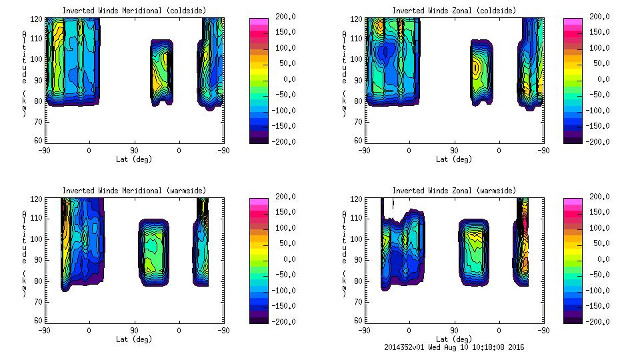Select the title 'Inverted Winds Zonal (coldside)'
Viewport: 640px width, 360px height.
coord(454,10)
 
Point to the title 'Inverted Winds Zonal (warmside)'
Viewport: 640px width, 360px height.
coord(454,191)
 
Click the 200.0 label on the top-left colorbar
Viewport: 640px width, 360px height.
coord(283,16)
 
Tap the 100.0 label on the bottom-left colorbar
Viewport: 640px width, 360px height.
coord(283,228)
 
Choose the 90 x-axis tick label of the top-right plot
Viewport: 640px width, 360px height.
coord(454,150)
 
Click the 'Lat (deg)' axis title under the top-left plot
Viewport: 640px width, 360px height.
coord(134,159)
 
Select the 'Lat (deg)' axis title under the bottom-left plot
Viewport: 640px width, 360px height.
coord(134,339)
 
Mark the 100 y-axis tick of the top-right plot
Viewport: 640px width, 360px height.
coord(356,59)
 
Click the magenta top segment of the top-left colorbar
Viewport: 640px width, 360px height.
coord(259,21)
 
